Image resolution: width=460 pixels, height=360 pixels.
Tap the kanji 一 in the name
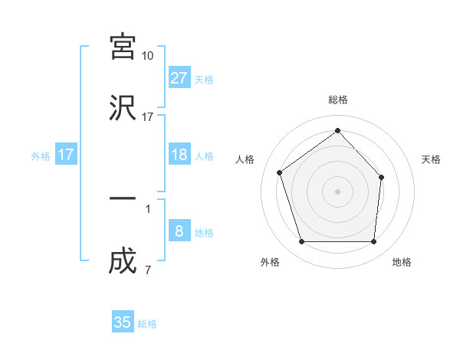click(123, 198)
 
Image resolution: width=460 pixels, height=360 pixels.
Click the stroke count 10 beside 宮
click(148, 56)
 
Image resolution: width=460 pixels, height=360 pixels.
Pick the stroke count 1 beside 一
click(148, 208)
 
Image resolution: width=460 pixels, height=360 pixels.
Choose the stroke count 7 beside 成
click(148, 270)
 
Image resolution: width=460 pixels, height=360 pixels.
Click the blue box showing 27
click(179, 78)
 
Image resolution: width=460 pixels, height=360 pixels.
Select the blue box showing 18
click(179, 155)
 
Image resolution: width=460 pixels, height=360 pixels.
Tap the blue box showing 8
click(179, 231)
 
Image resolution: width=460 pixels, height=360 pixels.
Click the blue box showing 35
click(123, 322)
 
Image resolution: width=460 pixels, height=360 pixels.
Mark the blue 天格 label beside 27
click(204, 80)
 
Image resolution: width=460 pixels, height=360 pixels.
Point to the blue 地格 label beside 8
click(204, 233)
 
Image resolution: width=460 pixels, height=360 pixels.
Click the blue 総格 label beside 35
click(147, 324)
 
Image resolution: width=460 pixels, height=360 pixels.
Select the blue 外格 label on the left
click(41, 156)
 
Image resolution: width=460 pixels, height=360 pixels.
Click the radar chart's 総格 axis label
click(338, 100)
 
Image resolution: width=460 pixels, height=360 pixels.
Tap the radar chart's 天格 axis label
click(432, 159)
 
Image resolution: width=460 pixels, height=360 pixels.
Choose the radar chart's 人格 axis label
click(245, 159)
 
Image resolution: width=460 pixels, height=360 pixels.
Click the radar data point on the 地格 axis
click(373, 242)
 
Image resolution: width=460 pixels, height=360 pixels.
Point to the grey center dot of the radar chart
click(337, 191)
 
